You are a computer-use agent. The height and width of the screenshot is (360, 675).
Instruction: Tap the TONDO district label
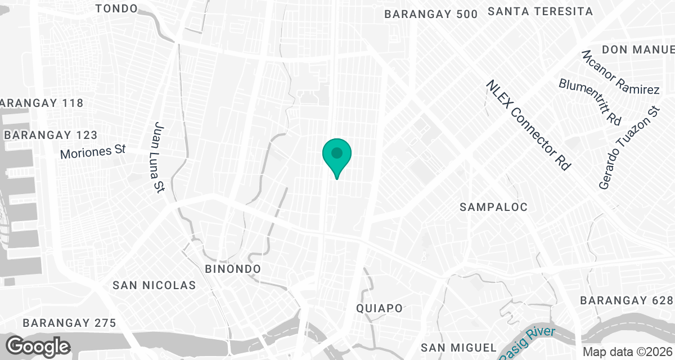117,8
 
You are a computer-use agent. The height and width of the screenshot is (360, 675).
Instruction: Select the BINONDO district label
233,269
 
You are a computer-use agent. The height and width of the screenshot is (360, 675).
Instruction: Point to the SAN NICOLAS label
154,285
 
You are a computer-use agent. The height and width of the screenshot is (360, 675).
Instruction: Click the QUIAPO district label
380,308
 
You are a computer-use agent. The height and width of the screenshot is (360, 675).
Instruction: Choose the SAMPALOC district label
493,207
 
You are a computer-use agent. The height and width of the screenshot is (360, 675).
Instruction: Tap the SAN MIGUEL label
459,347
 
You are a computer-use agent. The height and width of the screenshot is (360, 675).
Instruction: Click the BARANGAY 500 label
431,15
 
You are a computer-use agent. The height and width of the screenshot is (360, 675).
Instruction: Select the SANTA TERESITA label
540,11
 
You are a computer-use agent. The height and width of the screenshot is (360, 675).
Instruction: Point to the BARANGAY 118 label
42,103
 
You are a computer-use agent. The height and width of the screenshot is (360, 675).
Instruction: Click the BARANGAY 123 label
51,135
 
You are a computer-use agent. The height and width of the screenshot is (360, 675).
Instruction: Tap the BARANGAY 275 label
69,323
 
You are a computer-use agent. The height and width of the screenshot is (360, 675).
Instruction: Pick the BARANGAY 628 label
626,300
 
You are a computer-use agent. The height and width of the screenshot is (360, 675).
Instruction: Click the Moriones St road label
92,152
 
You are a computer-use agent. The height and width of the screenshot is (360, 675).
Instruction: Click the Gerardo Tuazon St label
628,147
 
